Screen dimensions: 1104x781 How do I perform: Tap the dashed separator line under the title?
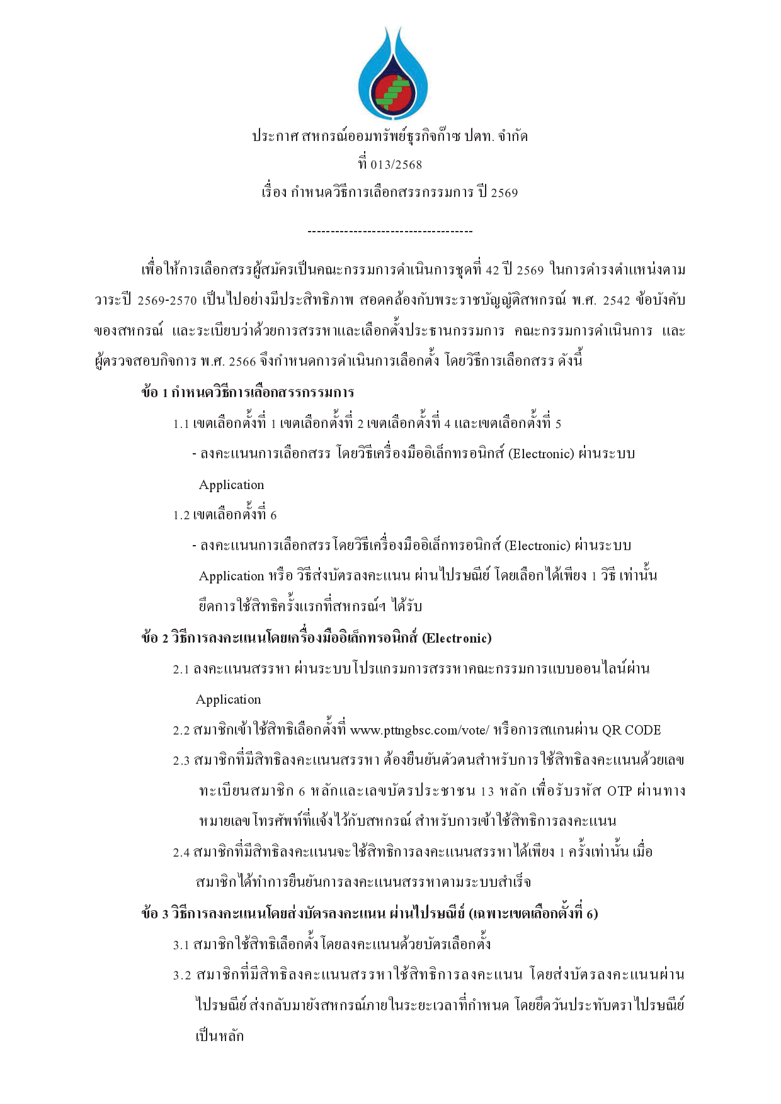390,232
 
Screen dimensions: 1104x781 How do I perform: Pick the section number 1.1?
181,424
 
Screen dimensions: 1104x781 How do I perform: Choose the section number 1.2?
181,515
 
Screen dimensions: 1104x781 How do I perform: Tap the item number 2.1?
181,669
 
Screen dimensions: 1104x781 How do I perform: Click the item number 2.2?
181,730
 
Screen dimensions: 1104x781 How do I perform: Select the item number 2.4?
181,853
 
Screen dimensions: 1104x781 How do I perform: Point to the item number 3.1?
181,945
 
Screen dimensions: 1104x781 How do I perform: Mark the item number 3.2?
182,976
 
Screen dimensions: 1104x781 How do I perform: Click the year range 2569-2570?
167,300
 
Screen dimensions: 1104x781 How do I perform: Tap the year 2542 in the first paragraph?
616,300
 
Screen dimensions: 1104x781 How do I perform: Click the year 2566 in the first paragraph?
242,362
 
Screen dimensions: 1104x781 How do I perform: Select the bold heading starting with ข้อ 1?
248,393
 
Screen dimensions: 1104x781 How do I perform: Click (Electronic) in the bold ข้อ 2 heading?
457,638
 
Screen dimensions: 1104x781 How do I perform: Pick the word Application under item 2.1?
228,700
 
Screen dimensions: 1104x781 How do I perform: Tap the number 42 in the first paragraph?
492,270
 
